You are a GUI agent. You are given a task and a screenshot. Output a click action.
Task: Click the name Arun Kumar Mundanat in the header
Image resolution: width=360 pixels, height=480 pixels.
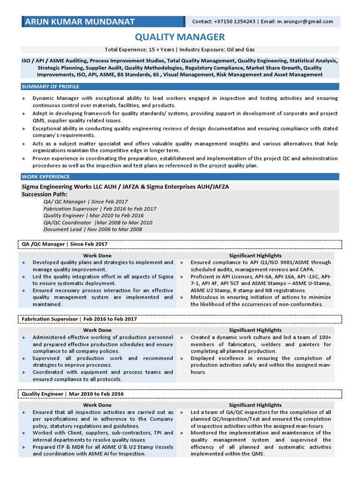click(80, 22)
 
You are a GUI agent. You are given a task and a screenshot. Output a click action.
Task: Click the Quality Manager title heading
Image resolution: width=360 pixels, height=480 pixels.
click(180, 37)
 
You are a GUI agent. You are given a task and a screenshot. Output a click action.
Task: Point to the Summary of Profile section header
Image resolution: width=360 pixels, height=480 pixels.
click(51, 87)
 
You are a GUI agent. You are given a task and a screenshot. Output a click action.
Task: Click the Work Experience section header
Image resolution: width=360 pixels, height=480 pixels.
click(46, 177)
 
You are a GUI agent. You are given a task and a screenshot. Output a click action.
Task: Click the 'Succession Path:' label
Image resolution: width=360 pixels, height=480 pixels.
click(45, 194)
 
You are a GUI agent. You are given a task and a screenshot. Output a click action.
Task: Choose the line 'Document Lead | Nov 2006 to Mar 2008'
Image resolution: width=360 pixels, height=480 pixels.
click(93, 229)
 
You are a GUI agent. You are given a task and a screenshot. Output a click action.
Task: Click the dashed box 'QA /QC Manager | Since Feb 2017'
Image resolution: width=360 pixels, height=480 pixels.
click(65, 244)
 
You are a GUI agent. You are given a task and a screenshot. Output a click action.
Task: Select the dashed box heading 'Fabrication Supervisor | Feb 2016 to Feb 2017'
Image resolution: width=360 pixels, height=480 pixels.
click(79, 319)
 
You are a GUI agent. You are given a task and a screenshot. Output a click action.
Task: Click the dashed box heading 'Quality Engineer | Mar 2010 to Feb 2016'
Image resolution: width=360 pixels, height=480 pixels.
click(73, 394)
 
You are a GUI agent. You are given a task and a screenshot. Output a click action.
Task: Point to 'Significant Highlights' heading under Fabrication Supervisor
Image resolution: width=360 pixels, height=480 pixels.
click(255, 330)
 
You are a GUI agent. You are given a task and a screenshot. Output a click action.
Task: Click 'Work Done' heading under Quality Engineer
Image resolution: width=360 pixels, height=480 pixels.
click(97, 405)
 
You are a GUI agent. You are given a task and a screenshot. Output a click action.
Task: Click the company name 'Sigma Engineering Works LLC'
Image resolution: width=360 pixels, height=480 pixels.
click(62, 187)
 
